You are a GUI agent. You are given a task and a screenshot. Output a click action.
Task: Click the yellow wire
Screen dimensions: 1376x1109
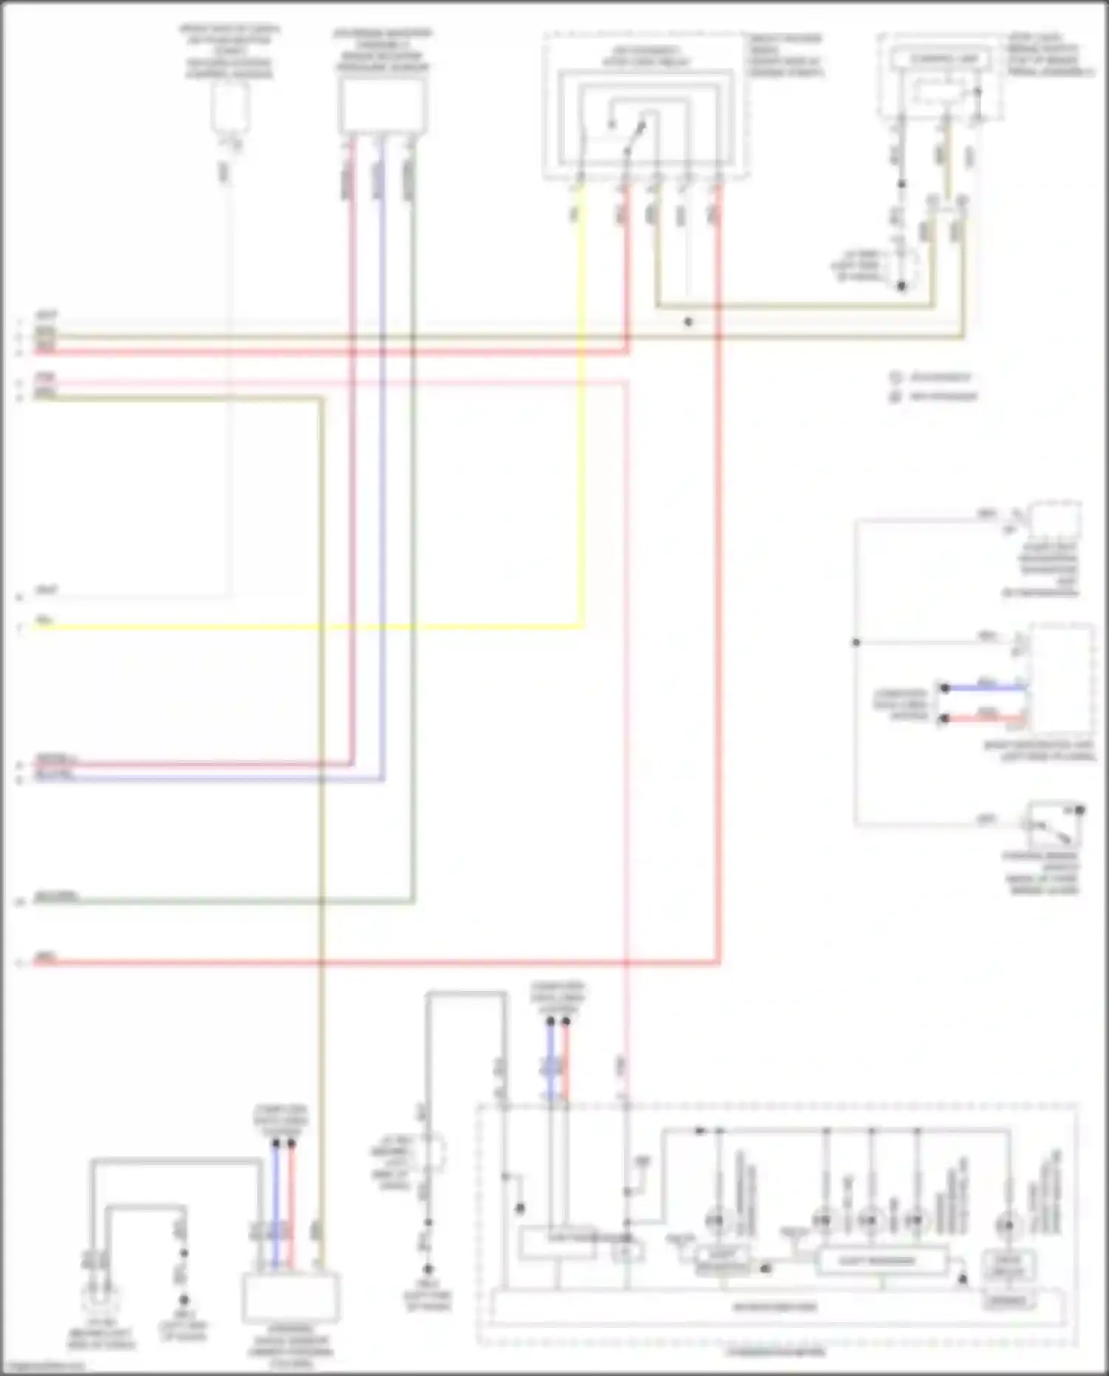pos(311,627)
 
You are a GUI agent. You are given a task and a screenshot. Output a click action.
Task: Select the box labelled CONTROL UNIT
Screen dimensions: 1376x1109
pos(939,58)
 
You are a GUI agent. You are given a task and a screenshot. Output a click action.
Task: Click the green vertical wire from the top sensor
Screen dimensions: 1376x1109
pos(412,518)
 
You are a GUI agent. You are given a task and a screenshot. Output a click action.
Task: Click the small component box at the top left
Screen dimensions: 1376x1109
pos(229,107)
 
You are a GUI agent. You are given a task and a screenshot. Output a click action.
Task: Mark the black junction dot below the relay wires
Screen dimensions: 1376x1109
pos(688,322)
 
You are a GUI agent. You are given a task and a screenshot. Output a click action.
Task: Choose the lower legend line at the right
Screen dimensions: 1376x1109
pos(936,396)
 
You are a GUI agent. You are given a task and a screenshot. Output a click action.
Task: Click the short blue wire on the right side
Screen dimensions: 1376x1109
pos(983,688)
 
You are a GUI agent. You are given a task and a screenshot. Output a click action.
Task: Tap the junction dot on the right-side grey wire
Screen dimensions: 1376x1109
pos(856,643)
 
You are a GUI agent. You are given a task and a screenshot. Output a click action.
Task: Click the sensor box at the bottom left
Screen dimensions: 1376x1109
pos(291,1298)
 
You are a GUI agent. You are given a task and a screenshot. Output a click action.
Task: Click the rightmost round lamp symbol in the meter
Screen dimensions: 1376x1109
pos(1006,1225)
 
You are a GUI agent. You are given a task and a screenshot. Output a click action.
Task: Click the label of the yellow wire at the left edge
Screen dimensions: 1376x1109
pos(44,620)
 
